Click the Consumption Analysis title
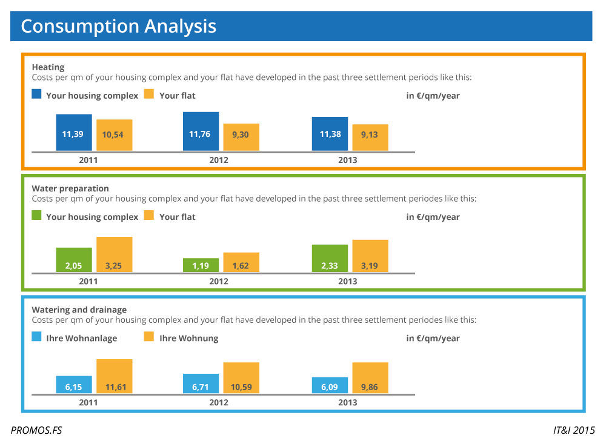[x=118, y=26]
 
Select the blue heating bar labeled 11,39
[x=74, y=133]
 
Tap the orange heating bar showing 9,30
[x=241, y=137]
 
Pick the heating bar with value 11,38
[x=330, y=134]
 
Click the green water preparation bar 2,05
[x=74, y=259]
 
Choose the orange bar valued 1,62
[x=241, y=262]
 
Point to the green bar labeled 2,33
[x=330, y=258]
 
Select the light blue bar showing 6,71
[x=201, y=383]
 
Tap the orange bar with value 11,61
[x=115, y=376]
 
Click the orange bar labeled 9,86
[x=370, y=378]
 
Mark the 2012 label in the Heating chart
[x=219, y=160]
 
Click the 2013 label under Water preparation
[x=348, y=281]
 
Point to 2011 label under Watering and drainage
[x=88, y=402]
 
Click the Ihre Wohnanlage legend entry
[x=81, y=338]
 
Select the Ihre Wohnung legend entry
[x=188, y=338]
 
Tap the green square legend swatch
[x=37, y=215]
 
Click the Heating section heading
[x=48, y=67]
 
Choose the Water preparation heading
[x=70, y=188]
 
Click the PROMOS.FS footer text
[x=36, y=431]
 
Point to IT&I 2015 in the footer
[x=574, y=431]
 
